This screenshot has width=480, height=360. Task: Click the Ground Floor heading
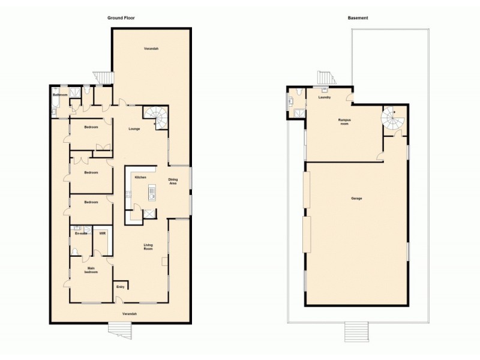coord(121,18)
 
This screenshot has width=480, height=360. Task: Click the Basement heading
coord(358,18)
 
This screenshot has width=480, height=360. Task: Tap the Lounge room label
coord(134,129)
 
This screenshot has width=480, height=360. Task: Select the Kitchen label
coord(140,178)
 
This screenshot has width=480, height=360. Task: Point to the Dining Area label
coord(173,182)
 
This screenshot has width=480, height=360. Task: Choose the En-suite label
coord(80,233)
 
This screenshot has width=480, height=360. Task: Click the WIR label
coord(102,233)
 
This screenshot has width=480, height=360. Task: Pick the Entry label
coord(120,287)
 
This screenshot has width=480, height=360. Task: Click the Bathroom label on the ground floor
coord(60,95)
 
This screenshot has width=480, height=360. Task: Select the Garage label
coord(356,198)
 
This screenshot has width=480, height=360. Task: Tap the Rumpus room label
coord(344,122)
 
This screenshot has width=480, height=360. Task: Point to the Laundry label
coord(325,97)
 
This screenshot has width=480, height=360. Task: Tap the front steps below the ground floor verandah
coord(119,329)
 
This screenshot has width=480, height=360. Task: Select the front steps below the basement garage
coord(356,331)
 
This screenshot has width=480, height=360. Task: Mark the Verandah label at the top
coord(151,48)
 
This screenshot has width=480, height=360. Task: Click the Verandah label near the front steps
coord(130,314)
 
